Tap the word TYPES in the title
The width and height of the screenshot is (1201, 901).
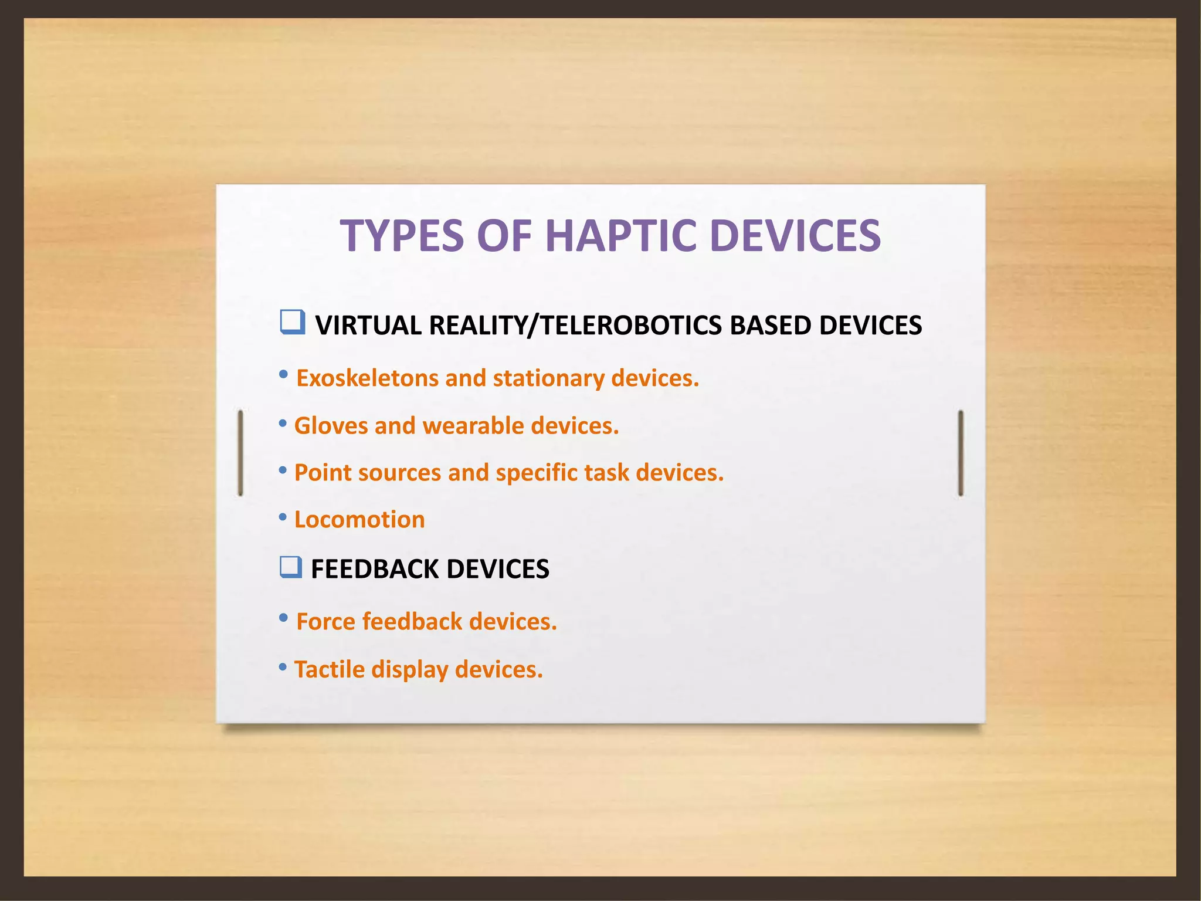pos(402,236)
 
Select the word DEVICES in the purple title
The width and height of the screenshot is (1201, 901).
pos(795,236)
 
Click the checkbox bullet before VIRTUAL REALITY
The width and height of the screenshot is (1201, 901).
pos(292,322)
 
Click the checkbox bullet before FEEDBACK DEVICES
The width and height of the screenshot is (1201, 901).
pos(291,567)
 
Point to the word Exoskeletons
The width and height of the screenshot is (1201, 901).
pos(367,378)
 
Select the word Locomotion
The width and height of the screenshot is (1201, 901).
pos(359,520)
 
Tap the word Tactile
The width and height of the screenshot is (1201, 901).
pos(329,669)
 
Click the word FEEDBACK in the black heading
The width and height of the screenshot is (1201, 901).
pos(375,569)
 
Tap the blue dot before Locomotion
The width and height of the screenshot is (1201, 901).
pos(283,517)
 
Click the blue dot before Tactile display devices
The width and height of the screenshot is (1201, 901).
pos(283,666)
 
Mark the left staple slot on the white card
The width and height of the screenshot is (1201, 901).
pos(240,453)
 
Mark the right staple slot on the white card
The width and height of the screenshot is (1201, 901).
pos(961,453)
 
